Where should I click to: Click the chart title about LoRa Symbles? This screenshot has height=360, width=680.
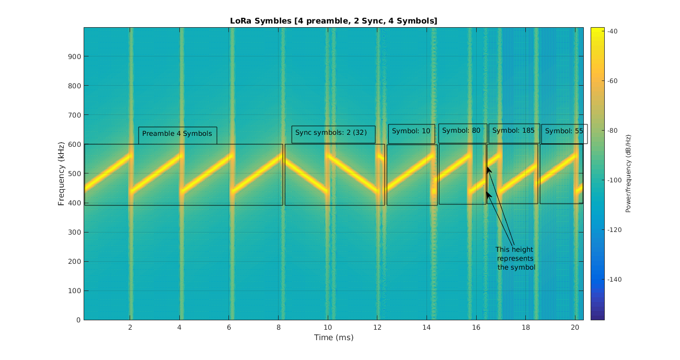333,21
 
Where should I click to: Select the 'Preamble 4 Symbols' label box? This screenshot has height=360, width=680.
177,134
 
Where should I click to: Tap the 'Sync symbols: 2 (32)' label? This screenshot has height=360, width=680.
331,133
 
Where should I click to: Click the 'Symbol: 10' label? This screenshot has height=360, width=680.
411,131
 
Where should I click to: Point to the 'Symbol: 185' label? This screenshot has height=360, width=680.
513,131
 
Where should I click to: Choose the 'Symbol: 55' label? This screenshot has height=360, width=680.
563,131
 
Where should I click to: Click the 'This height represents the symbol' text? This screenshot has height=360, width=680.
515,258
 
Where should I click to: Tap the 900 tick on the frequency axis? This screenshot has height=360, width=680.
74,56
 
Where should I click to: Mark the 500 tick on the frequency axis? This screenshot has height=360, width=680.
74,173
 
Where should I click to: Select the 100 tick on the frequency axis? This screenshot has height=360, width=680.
74,291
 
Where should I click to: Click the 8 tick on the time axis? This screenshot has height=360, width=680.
279,328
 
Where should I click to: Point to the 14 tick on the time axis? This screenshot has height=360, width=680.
427,328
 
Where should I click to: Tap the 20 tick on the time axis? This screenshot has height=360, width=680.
575,328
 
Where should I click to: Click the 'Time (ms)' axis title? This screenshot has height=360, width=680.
333,338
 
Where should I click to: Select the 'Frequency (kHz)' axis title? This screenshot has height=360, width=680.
61,173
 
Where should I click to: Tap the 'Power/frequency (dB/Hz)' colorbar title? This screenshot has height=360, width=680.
628,173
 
